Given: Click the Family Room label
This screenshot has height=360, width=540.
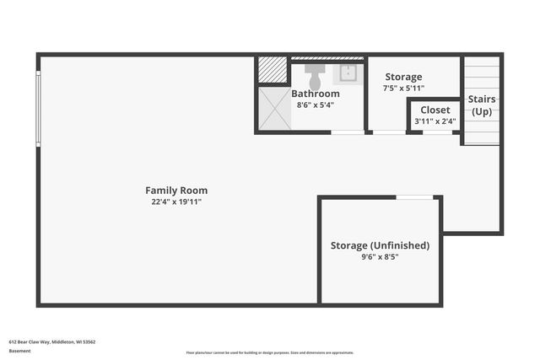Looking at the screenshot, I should coord(175,191).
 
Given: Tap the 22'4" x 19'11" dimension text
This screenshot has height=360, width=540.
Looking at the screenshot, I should coord(175,202).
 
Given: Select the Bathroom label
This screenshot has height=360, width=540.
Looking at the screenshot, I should coord(316,94).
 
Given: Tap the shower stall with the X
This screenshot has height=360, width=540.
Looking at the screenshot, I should coord(273,109).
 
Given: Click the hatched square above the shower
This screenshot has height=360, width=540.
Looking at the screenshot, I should coord(273,70).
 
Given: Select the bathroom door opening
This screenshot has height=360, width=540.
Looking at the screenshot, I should coord(347,132).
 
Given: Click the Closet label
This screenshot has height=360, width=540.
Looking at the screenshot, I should coord(435,110).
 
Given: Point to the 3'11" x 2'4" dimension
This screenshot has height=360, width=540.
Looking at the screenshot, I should coord(435,121).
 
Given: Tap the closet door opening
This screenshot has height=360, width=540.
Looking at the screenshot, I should coord(437,132).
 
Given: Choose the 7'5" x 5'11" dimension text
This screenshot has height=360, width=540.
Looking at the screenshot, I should coord(403,89).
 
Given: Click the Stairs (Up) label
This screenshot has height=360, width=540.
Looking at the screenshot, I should coord(482,105).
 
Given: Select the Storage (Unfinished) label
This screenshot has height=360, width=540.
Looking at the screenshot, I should coord(380,245).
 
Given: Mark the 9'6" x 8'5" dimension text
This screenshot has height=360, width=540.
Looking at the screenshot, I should coord(380,257).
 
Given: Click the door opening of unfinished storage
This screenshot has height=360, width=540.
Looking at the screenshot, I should coord(414,197).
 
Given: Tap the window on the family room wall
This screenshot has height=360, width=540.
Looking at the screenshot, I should coord(38,109).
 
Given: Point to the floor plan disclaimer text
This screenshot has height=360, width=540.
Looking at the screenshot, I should coord(269,352).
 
